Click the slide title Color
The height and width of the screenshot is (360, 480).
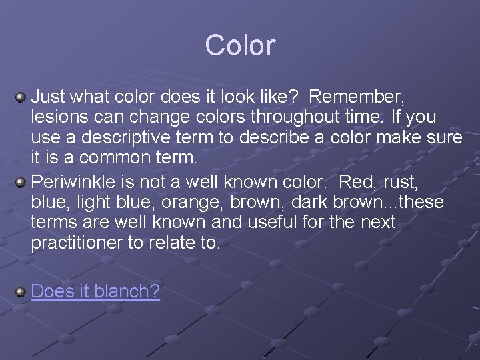tap(240, 45)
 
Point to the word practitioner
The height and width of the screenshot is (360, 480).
tap(79, 242)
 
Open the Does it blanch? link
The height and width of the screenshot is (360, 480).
tap(95, 291)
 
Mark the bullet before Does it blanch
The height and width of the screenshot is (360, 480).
tap(21, 291)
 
